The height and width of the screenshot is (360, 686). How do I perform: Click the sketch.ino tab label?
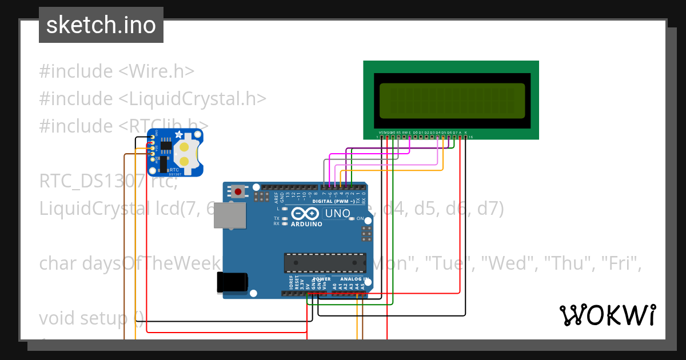101,25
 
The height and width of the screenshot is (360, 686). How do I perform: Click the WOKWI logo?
607,315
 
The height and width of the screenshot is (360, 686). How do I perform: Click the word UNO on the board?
337,214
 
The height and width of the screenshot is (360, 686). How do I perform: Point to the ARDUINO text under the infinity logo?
306,224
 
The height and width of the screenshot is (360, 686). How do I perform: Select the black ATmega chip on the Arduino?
325,262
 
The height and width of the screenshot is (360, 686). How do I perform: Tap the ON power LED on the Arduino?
352,219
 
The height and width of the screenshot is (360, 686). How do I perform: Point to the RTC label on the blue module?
174,170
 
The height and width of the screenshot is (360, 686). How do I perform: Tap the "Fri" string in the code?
622,263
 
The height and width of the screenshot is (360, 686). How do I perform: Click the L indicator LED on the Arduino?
285,209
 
